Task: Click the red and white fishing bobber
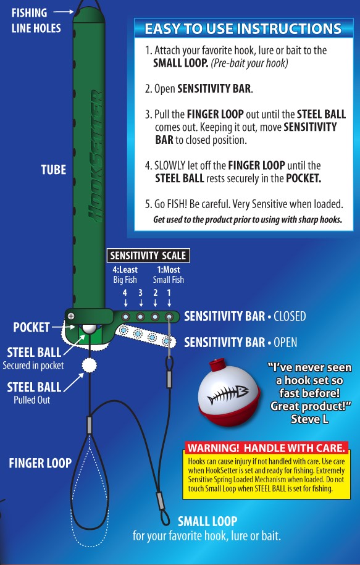(229, 392)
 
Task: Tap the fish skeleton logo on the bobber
(228, 395)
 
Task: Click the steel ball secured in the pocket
(89, 329)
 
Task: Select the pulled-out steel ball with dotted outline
(90, 365)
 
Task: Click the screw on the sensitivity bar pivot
(71, 316)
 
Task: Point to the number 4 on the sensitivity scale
(125, 293)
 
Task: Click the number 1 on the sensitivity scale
(169, 293)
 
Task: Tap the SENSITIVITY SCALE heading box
(148, 256)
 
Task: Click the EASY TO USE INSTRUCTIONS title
(243, 29)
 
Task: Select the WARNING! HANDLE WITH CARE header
(266, 448)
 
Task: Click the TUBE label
(53, 170)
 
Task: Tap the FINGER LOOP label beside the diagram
(40, 463)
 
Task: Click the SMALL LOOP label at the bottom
(207, 521)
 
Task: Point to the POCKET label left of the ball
(31, 327)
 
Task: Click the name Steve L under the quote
(309, 419)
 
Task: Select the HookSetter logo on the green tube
(96, 156)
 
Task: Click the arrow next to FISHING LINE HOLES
(64, 12)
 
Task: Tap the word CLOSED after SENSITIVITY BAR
(290, 316)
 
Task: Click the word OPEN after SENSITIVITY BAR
(285, 342)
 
